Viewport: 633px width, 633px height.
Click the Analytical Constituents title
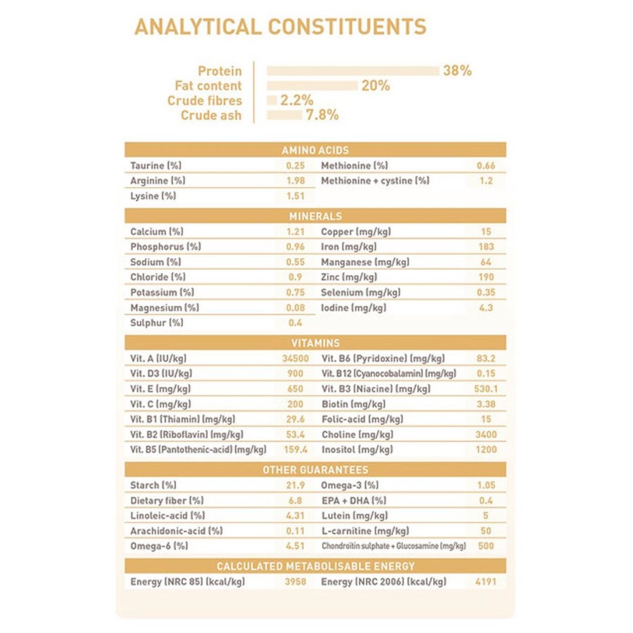pos(280,27)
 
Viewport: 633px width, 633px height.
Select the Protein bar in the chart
pos(353,71)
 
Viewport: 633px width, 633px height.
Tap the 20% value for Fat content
pos(375,86)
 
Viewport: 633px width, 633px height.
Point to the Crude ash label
pos(211,116)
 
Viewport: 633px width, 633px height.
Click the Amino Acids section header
pos(315,150)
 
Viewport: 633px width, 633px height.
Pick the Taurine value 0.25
pos(295,166)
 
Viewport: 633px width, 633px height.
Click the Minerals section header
pos(315,216)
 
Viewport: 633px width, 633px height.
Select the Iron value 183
pos(486,247)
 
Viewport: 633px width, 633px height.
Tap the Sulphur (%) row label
pos(156,323)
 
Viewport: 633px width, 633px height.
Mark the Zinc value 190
pos(486,277)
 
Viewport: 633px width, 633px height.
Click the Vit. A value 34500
pos(295,359)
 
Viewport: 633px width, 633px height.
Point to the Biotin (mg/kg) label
pos(353,404)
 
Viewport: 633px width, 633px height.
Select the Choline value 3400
pos(486,435)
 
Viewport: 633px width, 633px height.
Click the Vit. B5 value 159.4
pos(295,449)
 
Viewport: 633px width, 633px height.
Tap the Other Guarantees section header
pos(315,470)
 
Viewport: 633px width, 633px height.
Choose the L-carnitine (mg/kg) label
pos(365,531)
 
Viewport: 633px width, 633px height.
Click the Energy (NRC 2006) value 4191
pos(486,582)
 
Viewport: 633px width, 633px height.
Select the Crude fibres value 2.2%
pos(297,101)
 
